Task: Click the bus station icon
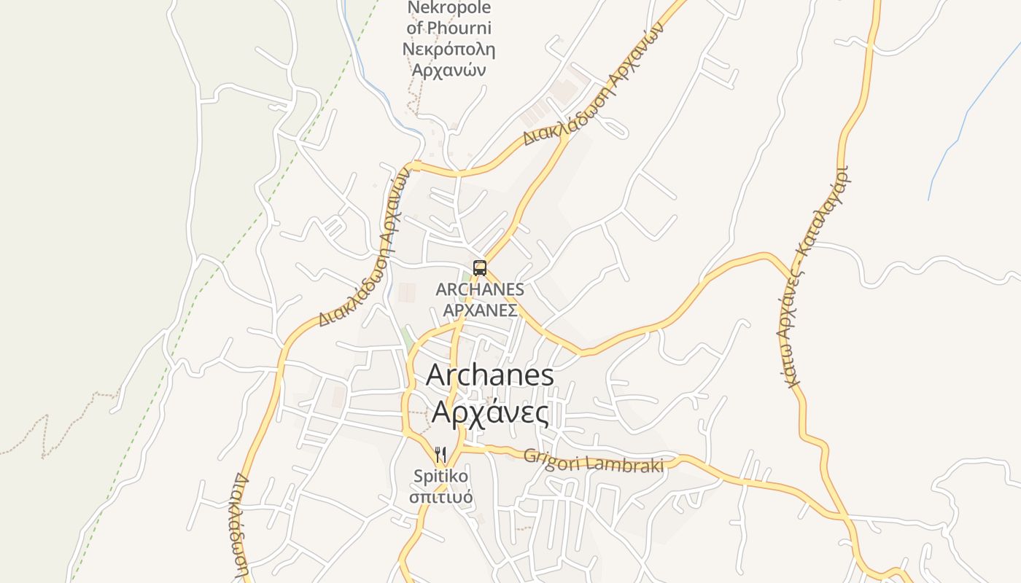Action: tap(479, 267)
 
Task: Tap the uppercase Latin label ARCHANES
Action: tap(479, 289)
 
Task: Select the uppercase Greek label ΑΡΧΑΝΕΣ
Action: tap(481, 310)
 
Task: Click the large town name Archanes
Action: tap(489, 375)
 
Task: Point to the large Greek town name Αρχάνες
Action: tap(489, 412)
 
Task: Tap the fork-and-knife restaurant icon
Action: tap(440, 455)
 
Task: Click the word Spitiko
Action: tap(440, 477)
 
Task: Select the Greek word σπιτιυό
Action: tap(440, 498)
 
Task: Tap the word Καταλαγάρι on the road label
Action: tap(831, 212)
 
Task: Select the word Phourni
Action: tap(459, 28)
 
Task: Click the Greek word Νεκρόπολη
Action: tap(449, 50)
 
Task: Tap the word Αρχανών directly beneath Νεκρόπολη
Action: tap(449, 71)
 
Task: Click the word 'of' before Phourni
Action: tap(415, 28)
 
